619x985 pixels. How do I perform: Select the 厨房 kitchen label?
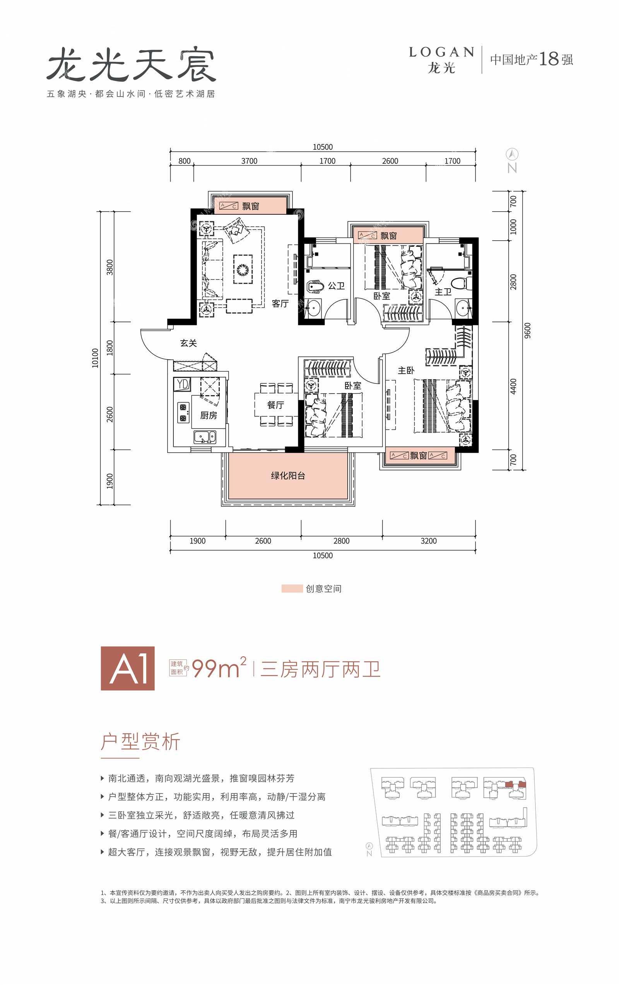208,415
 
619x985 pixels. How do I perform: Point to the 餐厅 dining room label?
275,405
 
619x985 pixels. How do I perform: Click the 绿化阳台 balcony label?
288,475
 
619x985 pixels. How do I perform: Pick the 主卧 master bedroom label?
406,370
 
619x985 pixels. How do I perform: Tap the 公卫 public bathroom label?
336,286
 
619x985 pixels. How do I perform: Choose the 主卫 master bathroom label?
443,292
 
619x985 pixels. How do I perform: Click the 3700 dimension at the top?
249,161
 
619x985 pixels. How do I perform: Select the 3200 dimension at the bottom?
428,541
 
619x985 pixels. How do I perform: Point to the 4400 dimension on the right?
513,386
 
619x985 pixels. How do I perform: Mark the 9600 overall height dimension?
527,330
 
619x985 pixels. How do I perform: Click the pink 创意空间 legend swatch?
292,588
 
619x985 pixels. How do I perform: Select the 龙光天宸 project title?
131,65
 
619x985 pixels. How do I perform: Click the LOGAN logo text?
442,52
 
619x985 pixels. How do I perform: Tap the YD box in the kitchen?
183,384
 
